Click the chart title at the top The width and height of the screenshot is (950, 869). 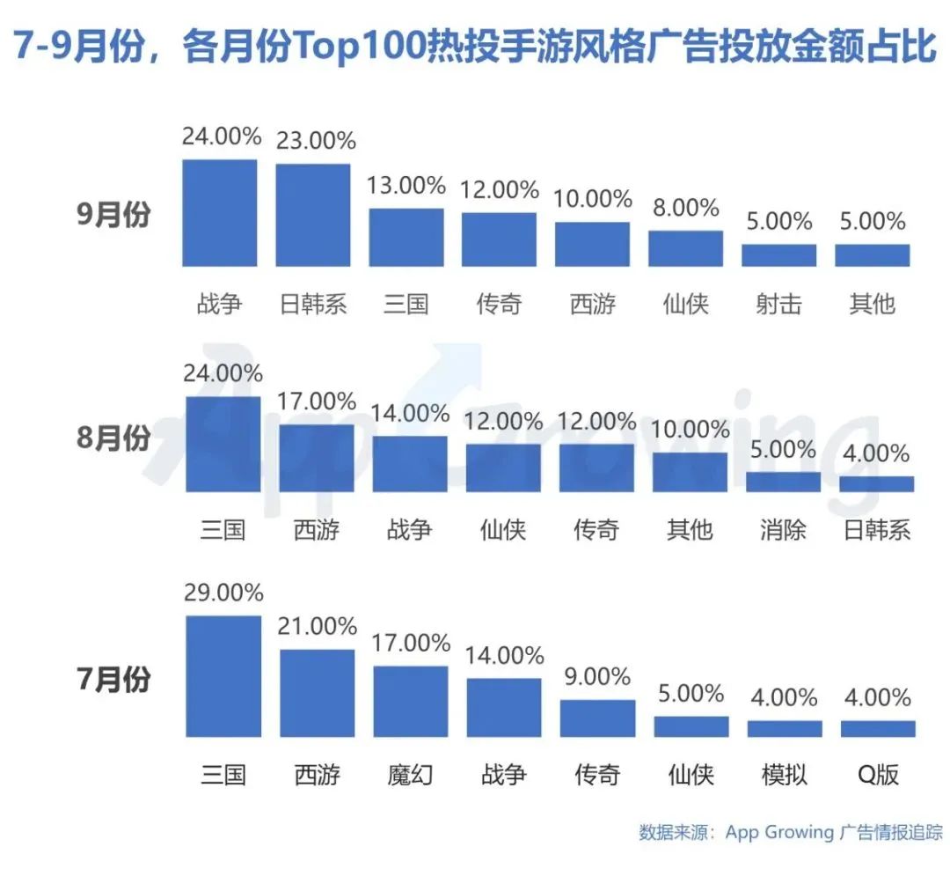click(475, 46)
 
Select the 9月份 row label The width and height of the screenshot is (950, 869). click(113, 214)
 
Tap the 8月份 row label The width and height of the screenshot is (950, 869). click(113, 438)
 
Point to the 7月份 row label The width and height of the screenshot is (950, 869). click(113, 680)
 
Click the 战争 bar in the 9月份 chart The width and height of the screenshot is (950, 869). click(219, 213)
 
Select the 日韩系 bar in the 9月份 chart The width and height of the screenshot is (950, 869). click(312, 215)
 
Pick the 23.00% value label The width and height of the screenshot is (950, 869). click(316, 141)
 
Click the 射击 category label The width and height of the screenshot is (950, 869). click(778, 304)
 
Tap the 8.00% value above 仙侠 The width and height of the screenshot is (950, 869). click(685, 208)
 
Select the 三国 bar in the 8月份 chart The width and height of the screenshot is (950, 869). click(223, 444)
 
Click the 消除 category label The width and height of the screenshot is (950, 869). click(783, 530)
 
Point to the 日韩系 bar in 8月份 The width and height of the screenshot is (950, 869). click(876, 483)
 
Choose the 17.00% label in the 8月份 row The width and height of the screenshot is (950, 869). click(316, 401)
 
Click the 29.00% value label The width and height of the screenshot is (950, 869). click(223, 593)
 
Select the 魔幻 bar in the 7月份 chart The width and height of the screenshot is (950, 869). click(410, 701)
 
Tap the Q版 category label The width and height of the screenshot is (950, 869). click(877, 774)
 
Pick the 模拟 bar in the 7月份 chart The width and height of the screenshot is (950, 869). click(785, 728)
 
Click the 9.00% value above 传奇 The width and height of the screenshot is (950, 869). click(596, 677)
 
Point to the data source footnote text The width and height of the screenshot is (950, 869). click(790, 832)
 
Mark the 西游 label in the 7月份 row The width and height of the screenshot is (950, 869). click(317, 774)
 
